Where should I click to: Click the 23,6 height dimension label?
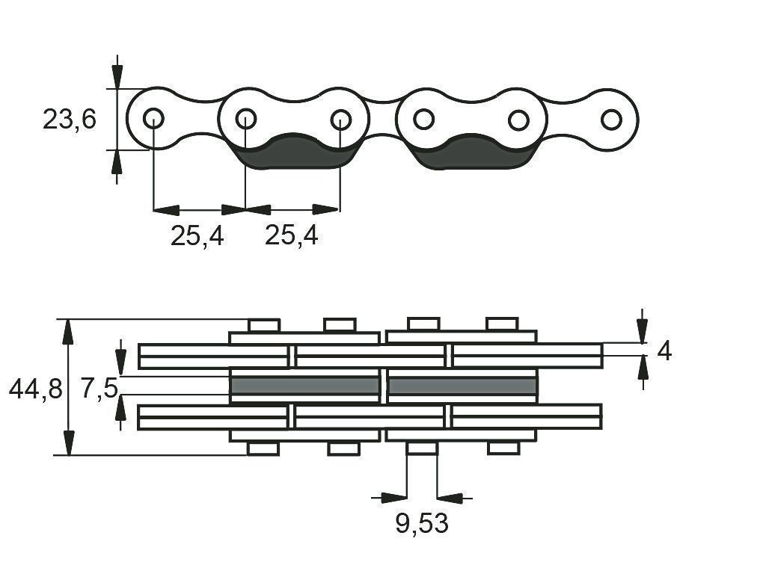[70, 119]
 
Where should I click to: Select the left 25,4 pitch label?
[197, 235]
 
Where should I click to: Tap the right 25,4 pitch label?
[291, 235]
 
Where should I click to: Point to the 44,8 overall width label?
[36, 389]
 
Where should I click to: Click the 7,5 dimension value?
[99, 389]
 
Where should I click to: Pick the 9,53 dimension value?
[422, 524]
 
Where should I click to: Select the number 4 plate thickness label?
[664, 351]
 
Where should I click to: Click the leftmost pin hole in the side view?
[153, 118]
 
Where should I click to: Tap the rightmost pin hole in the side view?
[611, 120]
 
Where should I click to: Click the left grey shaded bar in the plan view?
[305, 386]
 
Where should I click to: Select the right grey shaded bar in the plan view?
[462, 386]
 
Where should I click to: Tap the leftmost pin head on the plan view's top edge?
[264, 325]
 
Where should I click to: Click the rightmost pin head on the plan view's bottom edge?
[503, 448]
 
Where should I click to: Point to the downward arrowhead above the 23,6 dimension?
[117, 77]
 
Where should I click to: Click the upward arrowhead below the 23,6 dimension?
[116, 162]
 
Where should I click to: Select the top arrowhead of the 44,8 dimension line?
[68, 331]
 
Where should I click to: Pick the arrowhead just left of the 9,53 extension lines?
[393, 498]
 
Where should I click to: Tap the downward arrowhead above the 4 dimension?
[643, 331]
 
